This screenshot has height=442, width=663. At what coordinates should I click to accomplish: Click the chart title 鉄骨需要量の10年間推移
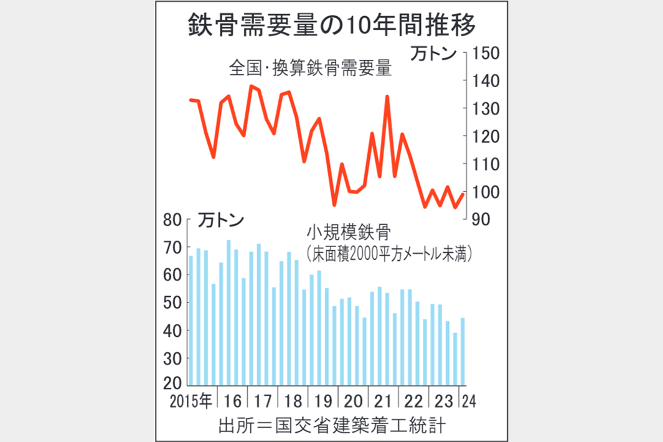[331, 27]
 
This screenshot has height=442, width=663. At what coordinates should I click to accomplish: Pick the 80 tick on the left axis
[172, 219]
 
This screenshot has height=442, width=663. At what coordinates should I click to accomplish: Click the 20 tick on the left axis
[172, 385]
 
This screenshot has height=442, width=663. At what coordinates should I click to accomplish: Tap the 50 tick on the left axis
[172, 303]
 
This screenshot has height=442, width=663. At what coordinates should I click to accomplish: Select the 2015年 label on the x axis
[190, 400]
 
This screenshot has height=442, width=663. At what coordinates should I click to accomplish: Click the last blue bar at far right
[463, 352]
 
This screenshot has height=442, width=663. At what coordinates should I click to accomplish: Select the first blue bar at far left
[191, 321]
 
